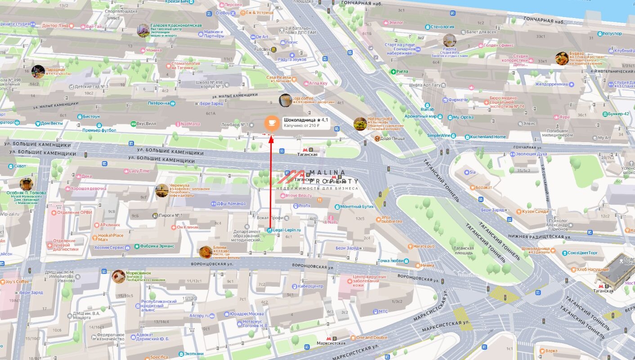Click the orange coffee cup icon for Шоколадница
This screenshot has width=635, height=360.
[x=272, y=123]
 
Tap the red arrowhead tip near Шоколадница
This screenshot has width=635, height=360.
[x=271, y=136]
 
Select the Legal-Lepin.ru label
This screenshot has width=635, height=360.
[x=286, y=230]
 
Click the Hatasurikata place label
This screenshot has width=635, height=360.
[x=380, y=119]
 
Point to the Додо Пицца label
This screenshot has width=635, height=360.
[x=392, y=139]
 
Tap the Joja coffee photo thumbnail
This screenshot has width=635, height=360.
[x=286, y=100]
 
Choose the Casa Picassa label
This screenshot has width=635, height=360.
[x=279, y=77]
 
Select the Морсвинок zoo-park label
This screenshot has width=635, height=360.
[x=139, y=273]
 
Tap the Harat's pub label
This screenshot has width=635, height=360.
[x=424, y=246]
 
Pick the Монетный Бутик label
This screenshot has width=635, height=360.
[x=357, y=207]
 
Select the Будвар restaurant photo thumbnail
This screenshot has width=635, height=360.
[x=562, y=58]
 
